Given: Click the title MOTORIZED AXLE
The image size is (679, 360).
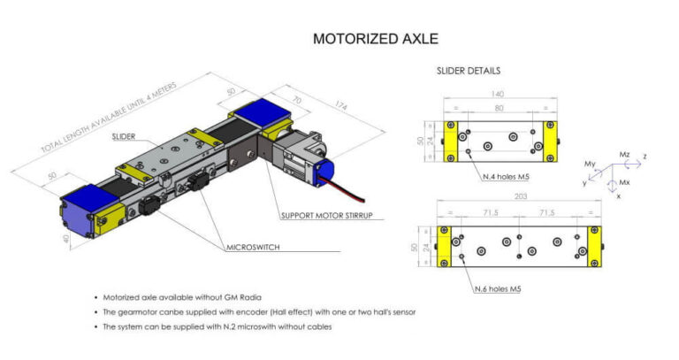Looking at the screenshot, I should coord(376,39).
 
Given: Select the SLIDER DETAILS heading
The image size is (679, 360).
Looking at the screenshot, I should coord(469,71).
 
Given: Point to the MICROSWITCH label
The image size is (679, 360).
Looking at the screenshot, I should coord(254,247).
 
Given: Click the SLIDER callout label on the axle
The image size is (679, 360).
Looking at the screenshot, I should coord(125,137).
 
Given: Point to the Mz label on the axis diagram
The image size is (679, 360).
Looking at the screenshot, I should coord(624,154).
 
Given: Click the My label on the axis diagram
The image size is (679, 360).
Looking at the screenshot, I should coord(591,165).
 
